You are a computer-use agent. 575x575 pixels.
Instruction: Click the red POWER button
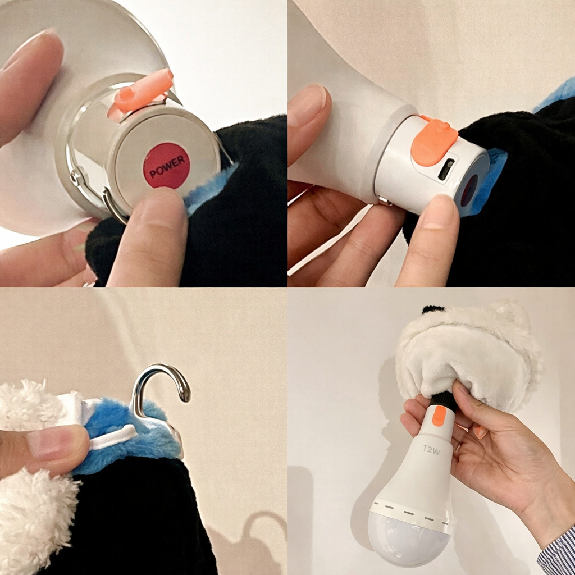(167, 166)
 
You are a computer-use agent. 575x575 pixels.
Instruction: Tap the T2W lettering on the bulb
(431, 450)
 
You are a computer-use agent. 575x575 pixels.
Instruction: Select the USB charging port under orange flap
(446, 169)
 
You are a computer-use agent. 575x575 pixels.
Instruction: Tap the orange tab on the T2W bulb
(439, 416)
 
